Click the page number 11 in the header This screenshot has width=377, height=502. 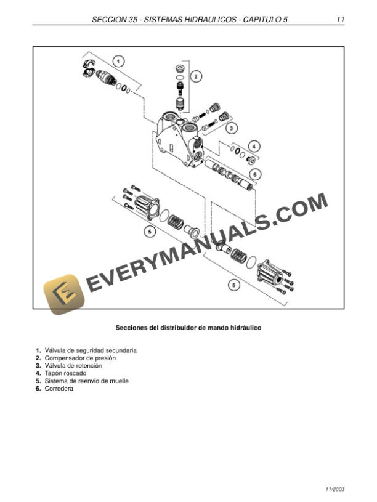tap(340, 20)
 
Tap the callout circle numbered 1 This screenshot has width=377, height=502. tap(119, 61)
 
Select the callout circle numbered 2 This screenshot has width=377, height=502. tap(196, 76)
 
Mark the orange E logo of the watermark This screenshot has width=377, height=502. tap(63, 294)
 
